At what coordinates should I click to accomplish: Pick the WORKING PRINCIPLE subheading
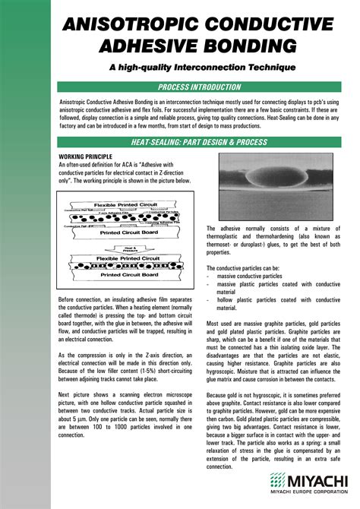coord(87,155)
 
